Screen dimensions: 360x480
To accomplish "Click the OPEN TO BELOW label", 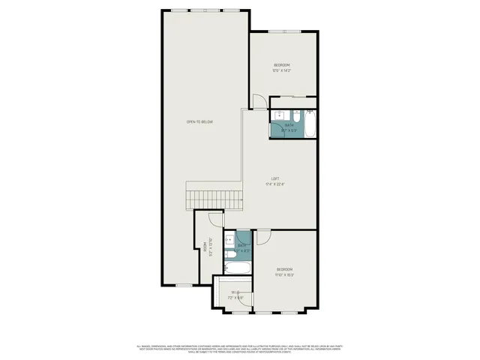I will point(200,121).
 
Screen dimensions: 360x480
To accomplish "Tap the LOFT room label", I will point(274,179).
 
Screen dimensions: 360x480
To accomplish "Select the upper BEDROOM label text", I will point(281,65).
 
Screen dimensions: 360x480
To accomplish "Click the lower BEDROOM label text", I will point(284,269).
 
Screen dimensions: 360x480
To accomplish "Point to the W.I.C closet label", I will point(235,292).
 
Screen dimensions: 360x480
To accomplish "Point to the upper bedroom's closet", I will point(292,103).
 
